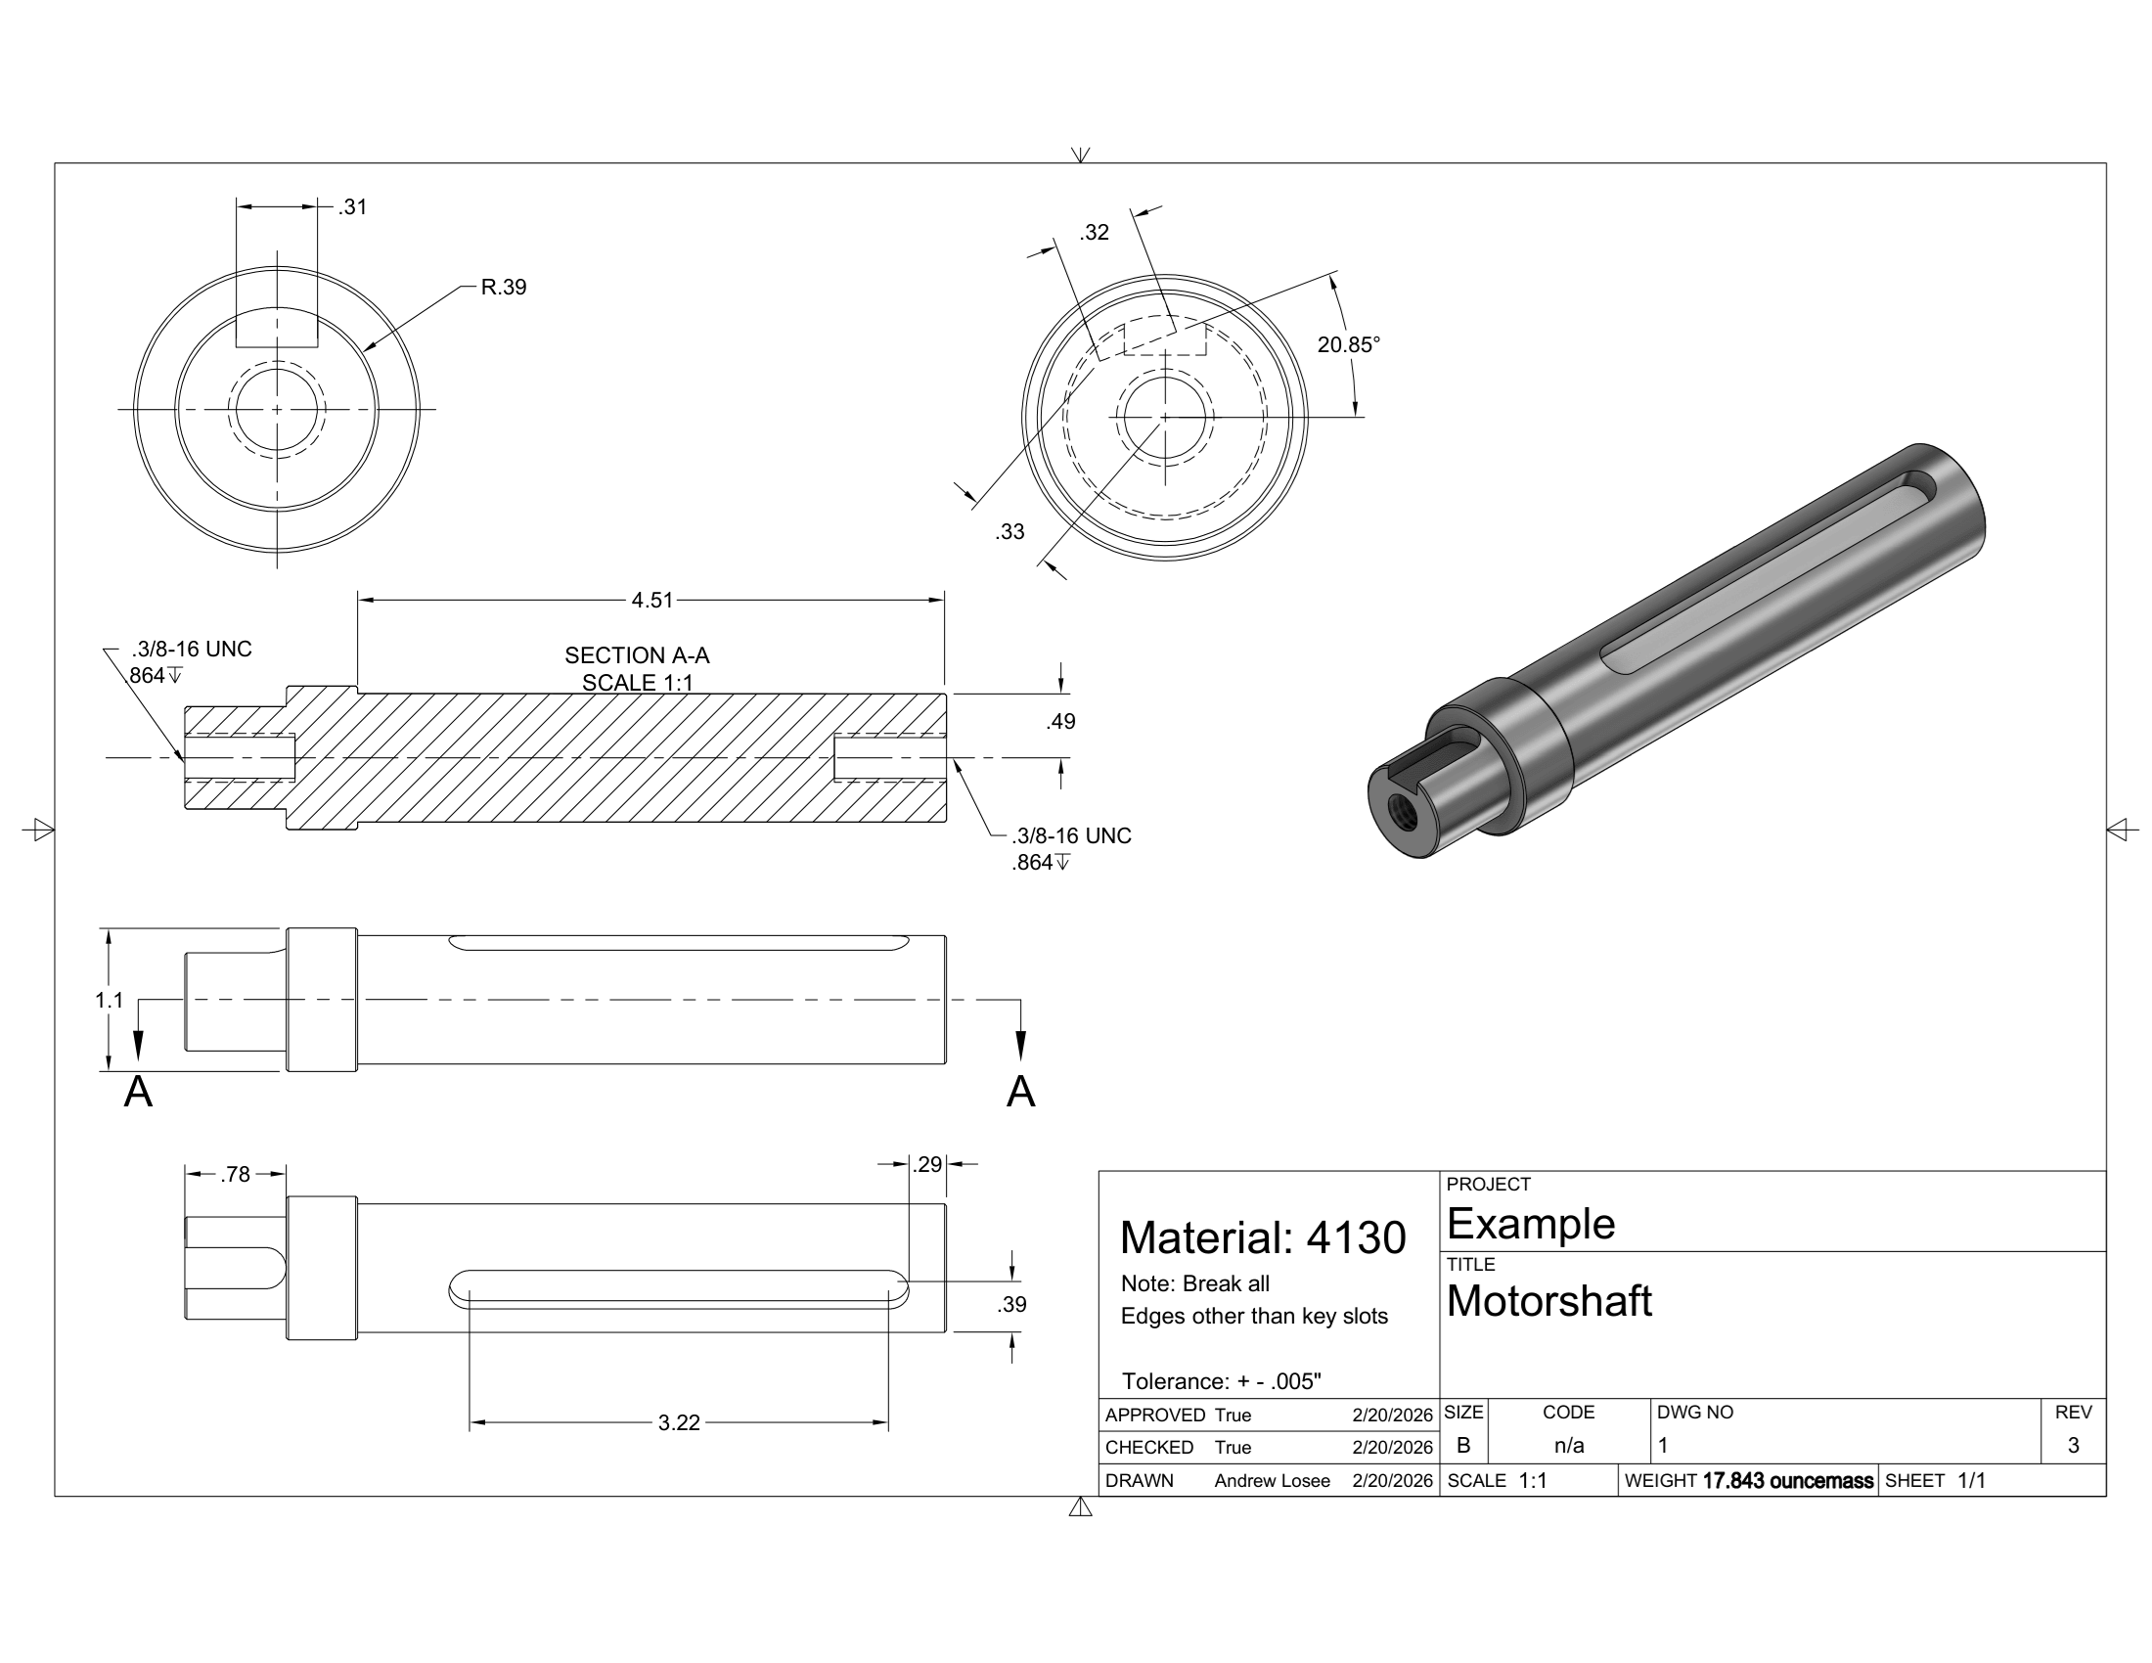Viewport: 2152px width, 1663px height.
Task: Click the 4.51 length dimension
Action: click(x=651, y=600)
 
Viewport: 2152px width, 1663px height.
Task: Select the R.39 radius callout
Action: click(x=504, y=287)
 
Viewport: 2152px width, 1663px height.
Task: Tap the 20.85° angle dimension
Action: click(x=1348, y=344)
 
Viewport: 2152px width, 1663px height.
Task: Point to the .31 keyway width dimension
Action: click(x=352, y=206)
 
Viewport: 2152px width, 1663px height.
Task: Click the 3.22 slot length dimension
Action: click(x=679, y=1422)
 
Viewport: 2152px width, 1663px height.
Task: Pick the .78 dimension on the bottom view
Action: click(x=236, y=1174)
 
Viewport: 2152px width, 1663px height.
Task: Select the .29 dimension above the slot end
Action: click(x=927, y=1164)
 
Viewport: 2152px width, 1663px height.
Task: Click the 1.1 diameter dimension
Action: click(x=109, y=1000)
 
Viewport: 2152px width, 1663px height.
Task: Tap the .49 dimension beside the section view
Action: click(x=1060, y=721)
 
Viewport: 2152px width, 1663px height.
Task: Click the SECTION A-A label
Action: click(x=637, y=655)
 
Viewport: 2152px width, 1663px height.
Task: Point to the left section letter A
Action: click(x=138, y=1092)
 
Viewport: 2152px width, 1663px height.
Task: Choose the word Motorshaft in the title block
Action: click(x=1548, y=1301)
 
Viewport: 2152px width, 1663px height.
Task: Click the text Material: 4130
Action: click(x=1262, y=1237)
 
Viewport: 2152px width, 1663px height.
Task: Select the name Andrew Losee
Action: click(x=1271, y=1481)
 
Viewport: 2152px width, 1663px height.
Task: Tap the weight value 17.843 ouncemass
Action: click(x=1787, y=1481)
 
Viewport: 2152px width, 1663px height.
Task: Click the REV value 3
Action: click(x=2073, y=1445)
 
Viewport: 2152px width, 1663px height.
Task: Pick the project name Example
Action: click(x=1530, y=1224)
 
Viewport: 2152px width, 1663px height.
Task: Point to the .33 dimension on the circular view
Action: click(x=1009, y=532)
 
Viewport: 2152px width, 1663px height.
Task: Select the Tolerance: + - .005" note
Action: click(x=1221, y=1381)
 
